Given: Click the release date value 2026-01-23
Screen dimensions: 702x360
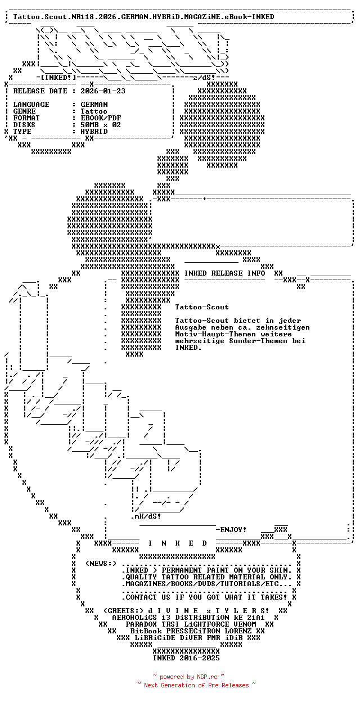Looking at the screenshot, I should (x=103, y=91).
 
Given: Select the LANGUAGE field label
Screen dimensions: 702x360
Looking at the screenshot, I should (x=31, y=105).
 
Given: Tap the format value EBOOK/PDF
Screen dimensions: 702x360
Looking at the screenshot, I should (x=101, y=118).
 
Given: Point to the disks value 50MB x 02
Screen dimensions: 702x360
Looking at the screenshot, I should (x=101, y=125).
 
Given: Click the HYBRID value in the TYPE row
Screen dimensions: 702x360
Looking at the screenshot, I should (x=94, y=132).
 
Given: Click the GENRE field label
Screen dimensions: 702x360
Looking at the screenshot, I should (x=24, y=111).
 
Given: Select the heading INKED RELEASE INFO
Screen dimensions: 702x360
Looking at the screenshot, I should (x=224, y=273).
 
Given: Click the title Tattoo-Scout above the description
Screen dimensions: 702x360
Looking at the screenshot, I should (x=202, y=307).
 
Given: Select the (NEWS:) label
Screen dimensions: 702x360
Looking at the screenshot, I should (x=101, y=564).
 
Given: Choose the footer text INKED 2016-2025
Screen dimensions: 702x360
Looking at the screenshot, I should (x=186, y=658).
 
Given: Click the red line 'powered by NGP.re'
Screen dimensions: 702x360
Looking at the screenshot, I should (x=188, y=677).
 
